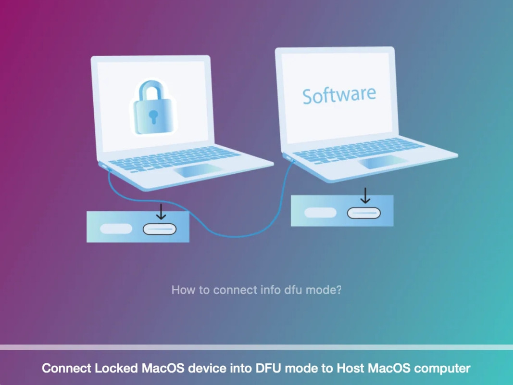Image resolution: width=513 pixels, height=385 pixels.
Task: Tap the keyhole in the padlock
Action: (x=153, y=116)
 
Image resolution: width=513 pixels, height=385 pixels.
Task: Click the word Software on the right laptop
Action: (x=339, y=95)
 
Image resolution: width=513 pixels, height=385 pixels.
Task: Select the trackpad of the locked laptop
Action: (x=198, y=170)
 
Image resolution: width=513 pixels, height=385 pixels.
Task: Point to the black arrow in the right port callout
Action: (x=365, y=196)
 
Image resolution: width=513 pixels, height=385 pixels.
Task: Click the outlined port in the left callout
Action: (x=160, y=229)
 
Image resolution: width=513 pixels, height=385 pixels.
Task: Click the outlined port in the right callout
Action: (x=364, y=212)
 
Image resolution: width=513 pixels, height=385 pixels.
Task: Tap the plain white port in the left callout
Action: (x=116, y=229)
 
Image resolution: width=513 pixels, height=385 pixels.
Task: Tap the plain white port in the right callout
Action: (x=320, y=212)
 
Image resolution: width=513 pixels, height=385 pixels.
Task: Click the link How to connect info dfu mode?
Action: (x=256, y=290)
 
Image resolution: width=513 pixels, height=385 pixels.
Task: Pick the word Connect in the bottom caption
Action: (x=66, y=369)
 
